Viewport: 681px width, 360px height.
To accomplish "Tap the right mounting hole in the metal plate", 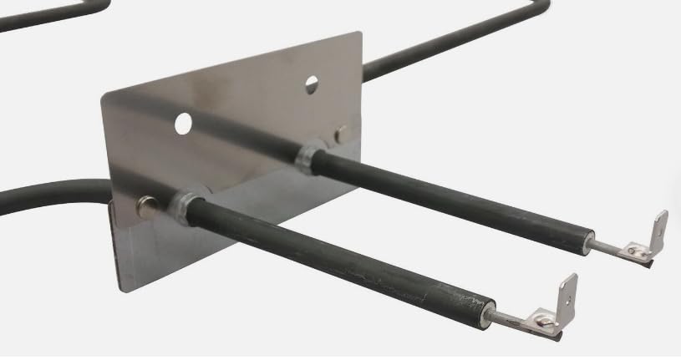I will pyautogui.click(x=311, y=84).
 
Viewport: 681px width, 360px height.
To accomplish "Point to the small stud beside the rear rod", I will pyautogui.click(x=341, y=132).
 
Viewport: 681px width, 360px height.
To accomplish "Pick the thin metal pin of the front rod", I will pyautogui.click(x=505, y=315).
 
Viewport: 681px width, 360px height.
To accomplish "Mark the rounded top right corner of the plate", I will pyautogui.click(x=357, y=38).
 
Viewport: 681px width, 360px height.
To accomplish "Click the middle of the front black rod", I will pyautogui.click(x=334, y=256).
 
